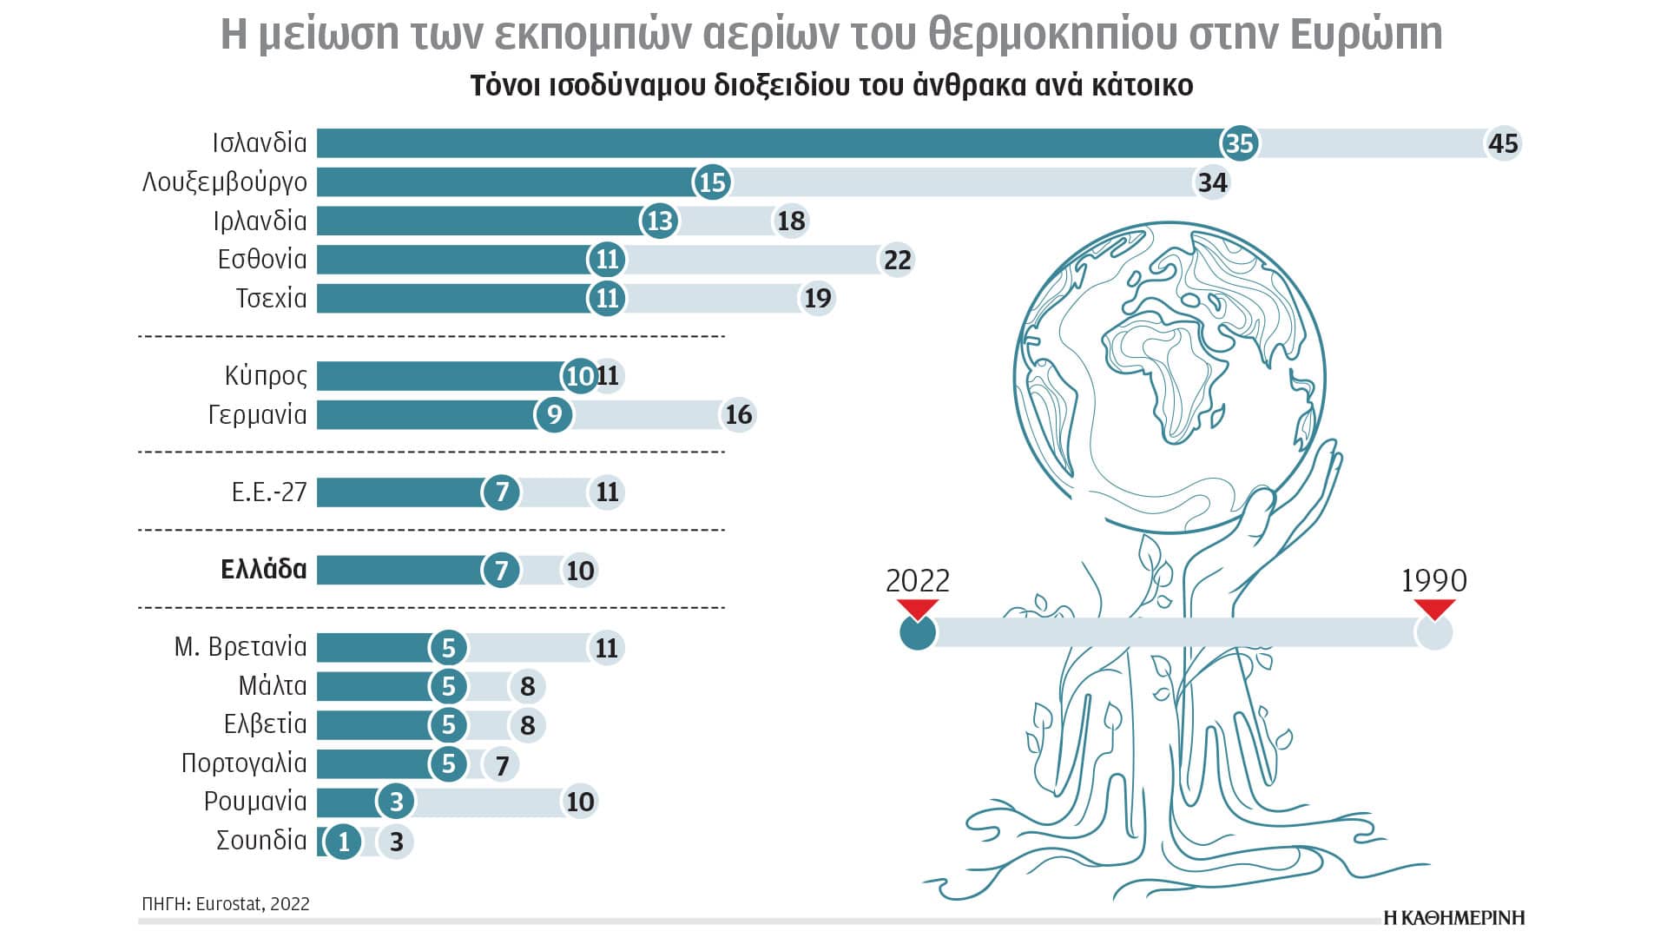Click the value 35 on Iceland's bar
point(1239,143)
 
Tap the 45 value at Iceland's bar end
point(1503,143)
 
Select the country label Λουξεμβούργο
point(225,182)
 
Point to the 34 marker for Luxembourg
point(1212,182)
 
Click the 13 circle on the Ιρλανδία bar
point(660,221)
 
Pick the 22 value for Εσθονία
point(897,260)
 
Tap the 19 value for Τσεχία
point(817,298)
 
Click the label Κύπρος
point(266,375)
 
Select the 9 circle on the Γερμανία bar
point(554,414)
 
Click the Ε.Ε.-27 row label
point(269,492)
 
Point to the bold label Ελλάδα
point(264,570)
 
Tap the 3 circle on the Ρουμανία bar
point(396,802)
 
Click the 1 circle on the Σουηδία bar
point(344,841)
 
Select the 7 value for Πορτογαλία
point(502,765)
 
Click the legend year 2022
point(917,580)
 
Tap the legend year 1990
point(1433,580)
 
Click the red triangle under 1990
point(1434,608)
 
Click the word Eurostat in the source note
point(228,904)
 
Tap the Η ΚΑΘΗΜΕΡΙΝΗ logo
point(1453,918)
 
